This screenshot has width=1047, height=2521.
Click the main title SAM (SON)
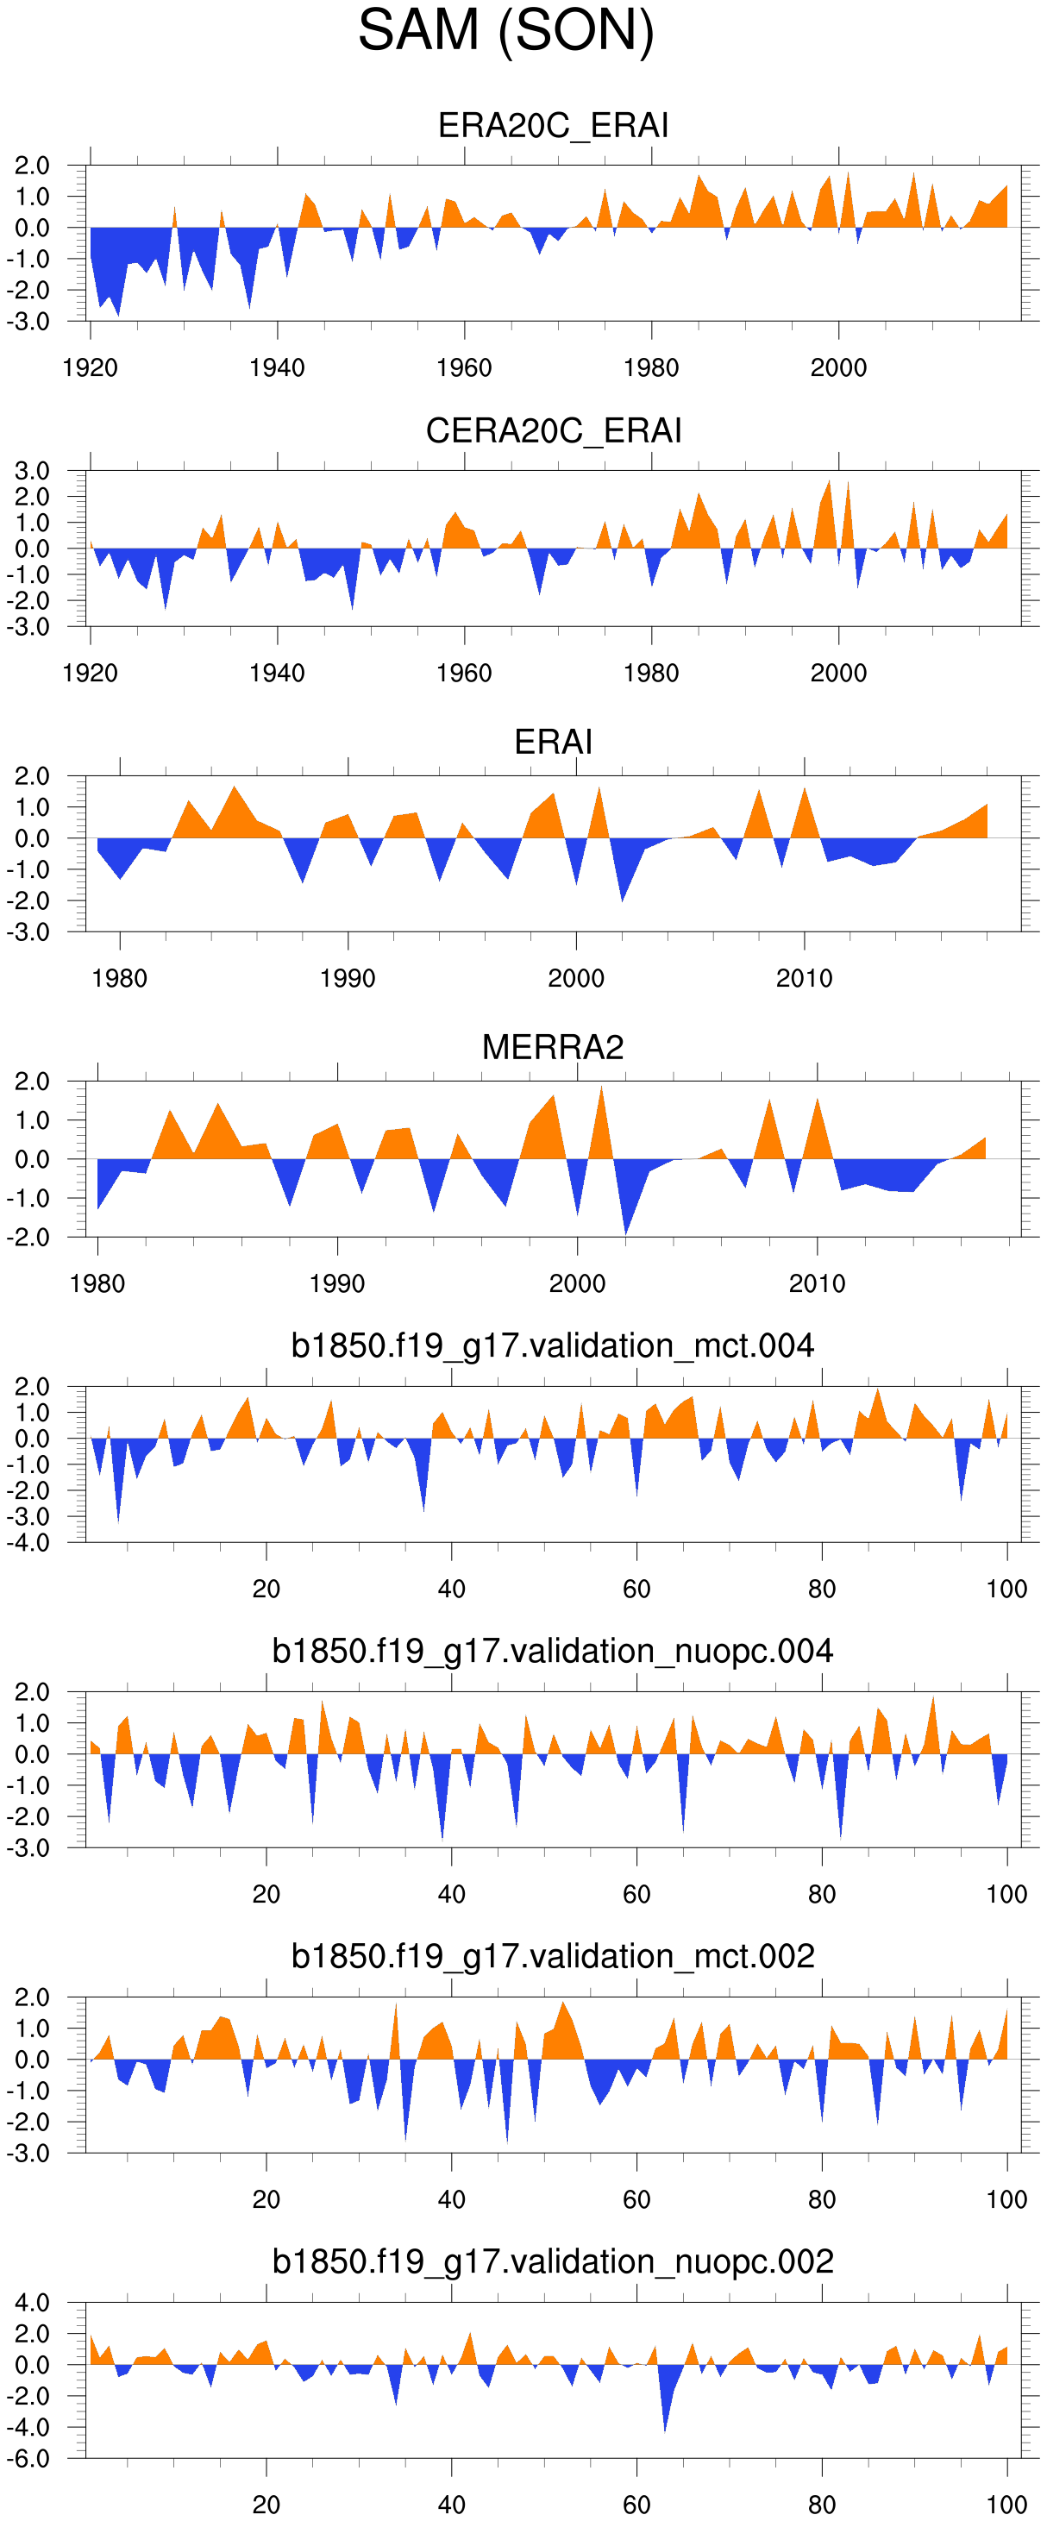[x=506, y=30]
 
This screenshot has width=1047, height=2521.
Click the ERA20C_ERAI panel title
[x=553, y=125]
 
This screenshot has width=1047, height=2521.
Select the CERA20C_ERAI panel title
[x=553, y=430]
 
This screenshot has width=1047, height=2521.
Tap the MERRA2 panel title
[x=553, y=1047]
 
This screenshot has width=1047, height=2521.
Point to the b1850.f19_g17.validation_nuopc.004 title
[x=553, y=1651]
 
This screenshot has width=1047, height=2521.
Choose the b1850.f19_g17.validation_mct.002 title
[x=553, y=1956]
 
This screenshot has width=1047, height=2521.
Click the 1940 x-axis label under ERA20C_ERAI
[x=277, y=368]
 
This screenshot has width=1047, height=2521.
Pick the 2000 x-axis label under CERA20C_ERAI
[x=838, y=674]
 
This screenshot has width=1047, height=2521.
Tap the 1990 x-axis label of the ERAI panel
[x=348, y=979]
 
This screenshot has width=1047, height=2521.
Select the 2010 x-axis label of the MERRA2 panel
[x=817, y=1284]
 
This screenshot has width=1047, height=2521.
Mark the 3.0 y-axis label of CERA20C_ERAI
[x=31, y=471]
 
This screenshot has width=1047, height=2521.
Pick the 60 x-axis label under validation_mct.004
[x=636, y=1590]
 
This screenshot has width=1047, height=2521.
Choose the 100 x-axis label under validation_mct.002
[x=1006, y=2200]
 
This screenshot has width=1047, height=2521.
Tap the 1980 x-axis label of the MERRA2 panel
[x=97, y=1284]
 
